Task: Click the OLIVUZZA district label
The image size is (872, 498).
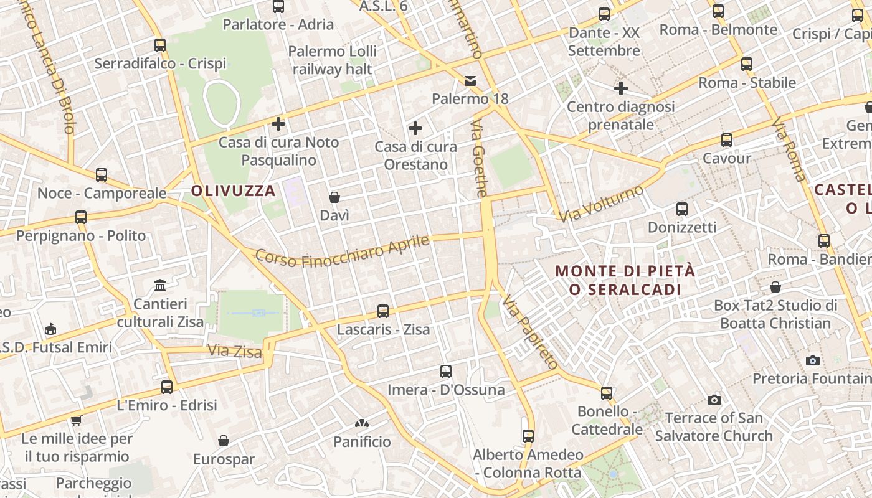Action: [234, 191]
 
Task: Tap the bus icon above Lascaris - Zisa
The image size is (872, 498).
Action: [383, 311]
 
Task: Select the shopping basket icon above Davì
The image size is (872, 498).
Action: [334, 197]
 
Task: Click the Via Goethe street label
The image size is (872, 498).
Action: [479, 159]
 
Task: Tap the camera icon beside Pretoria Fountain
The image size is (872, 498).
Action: [812, 360]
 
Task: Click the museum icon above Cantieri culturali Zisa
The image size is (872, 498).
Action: [160, 286]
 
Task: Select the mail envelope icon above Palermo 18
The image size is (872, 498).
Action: [470, 81]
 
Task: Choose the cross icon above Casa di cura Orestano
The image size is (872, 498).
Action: [415, 129]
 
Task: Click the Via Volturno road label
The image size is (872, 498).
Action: [600, 204]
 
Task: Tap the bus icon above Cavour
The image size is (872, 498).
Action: [727, 140]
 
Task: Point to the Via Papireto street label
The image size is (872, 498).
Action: [531, 333]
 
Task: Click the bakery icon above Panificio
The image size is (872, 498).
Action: [362, 424]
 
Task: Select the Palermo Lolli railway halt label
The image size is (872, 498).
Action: [332, 60]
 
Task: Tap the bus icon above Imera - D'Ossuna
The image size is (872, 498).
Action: [445, 372]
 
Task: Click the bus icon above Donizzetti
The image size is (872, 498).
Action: [682, 209]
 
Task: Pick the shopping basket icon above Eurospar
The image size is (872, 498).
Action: [224, 441]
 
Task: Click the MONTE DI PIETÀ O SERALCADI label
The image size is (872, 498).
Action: [625, 281]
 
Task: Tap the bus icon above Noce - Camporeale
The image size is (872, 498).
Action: [102, 175]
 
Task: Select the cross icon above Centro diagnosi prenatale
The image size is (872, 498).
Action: [620, 88]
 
